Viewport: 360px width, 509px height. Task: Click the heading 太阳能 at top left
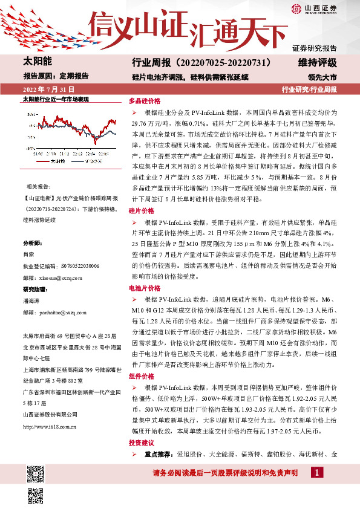tap(37, 62)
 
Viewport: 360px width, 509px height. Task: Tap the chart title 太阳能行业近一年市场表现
tap(55, 98)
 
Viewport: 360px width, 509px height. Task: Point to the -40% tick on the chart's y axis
tap(30, 146)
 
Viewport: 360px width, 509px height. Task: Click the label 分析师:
tap(31, 243)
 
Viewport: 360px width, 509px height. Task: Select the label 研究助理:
tap(34, 290)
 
